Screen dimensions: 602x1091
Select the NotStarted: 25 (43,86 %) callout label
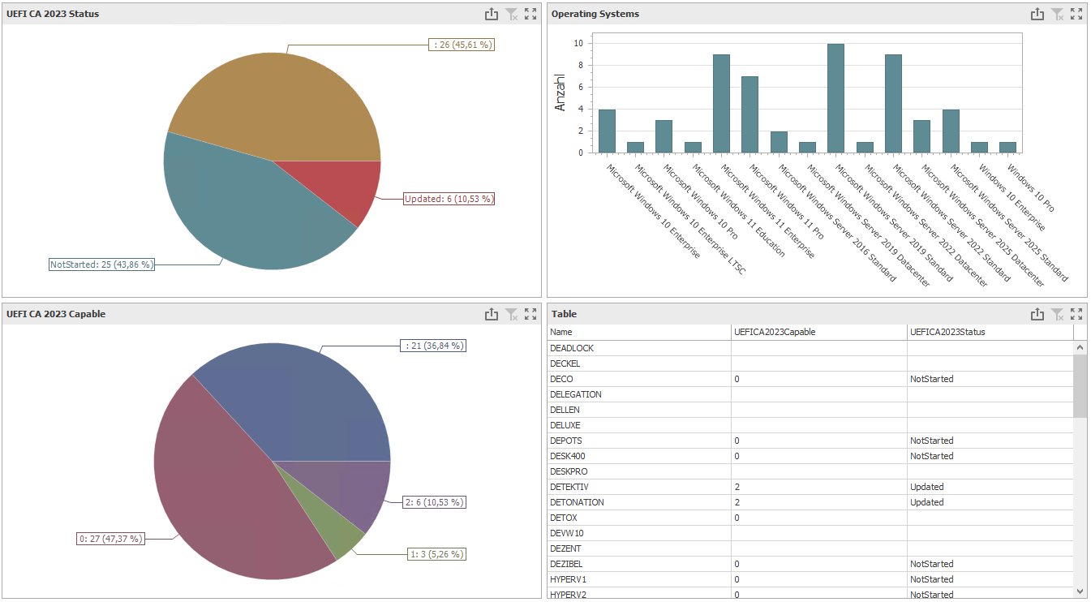101,264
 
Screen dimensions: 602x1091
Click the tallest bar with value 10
835,98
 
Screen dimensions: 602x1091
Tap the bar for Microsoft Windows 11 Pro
778,142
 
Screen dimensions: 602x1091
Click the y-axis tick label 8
578,65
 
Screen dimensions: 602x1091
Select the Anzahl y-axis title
560,92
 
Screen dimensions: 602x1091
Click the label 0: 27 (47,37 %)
110,538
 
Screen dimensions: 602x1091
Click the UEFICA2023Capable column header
775,332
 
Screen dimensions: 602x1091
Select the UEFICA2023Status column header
947,332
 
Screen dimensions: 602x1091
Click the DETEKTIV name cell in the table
569,487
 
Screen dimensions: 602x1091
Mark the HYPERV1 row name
568,579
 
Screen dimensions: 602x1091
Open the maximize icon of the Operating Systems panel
1076,14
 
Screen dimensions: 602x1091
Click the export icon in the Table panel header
1037,314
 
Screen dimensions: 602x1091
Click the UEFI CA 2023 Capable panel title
56,314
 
